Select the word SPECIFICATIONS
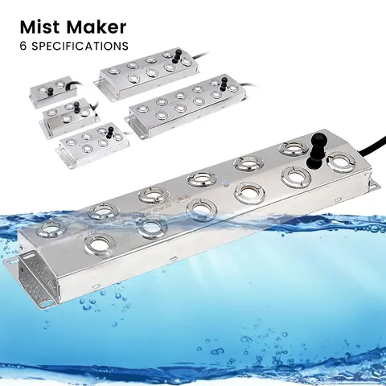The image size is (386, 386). [77, 46]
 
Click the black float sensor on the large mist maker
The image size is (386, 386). [318, 146]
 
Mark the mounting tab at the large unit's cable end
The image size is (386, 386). [371, 187]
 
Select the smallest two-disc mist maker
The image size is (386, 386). [51, 92]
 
